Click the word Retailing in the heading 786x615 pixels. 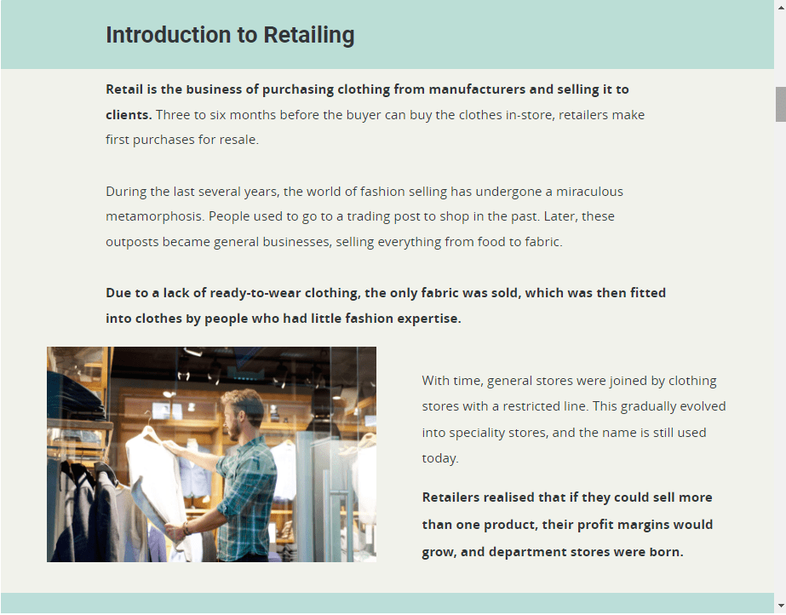[309, 36]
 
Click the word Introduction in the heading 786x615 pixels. [169, 35]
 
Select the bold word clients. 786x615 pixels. [129, 115]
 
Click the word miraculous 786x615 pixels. [589, 192]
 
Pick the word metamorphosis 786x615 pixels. [155, 216]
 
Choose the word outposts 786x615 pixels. [132, 242]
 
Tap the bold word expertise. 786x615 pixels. [429, 319]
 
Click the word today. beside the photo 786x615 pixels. [440, 458]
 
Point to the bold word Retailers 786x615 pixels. [450, 497]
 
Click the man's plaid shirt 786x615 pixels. [247, 497]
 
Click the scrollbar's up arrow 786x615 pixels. [781, 7]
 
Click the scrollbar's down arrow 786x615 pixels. [781, 606]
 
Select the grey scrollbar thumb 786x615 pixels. [781, 104]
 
